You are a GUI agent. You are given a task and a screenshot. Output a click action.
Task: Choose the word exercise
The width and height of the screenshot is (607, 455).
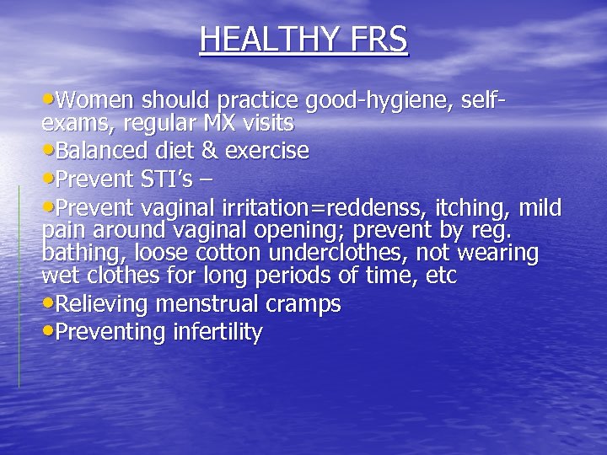coord(266,152)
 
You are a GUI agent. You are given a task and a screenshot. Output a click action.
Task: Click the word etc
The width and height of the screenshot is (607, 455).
coord(442,275)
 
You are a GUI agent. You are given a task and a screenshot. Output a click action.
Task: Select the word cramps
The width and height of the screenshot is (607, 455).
coord(306,304)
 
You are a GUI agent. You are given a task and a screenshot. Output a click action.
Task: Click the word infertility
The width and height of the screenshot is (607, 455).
coord(218,331)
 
